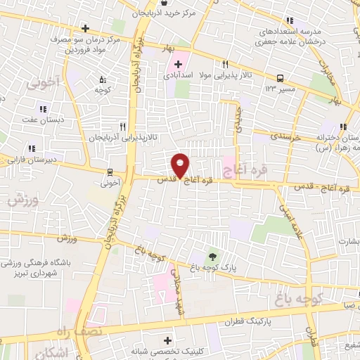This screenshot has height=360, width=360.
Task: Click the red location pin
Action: pyautogui.click(x=180, y=164)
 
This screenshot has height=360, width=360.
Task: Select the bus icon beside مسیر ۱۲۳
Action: pyautogui.click(x=281, y=78)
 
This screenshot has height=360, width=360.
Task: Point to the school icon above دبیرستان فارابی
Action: pyautogui.click(x=31, y=148)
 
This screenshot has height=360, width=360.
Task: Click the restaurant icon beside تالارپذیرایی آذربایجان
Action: pyautogui.click(x=123, y=127)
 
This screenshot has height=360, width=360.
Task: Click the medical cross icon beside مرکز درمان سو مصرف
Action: pyautogui.click(x=85, y=29)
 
